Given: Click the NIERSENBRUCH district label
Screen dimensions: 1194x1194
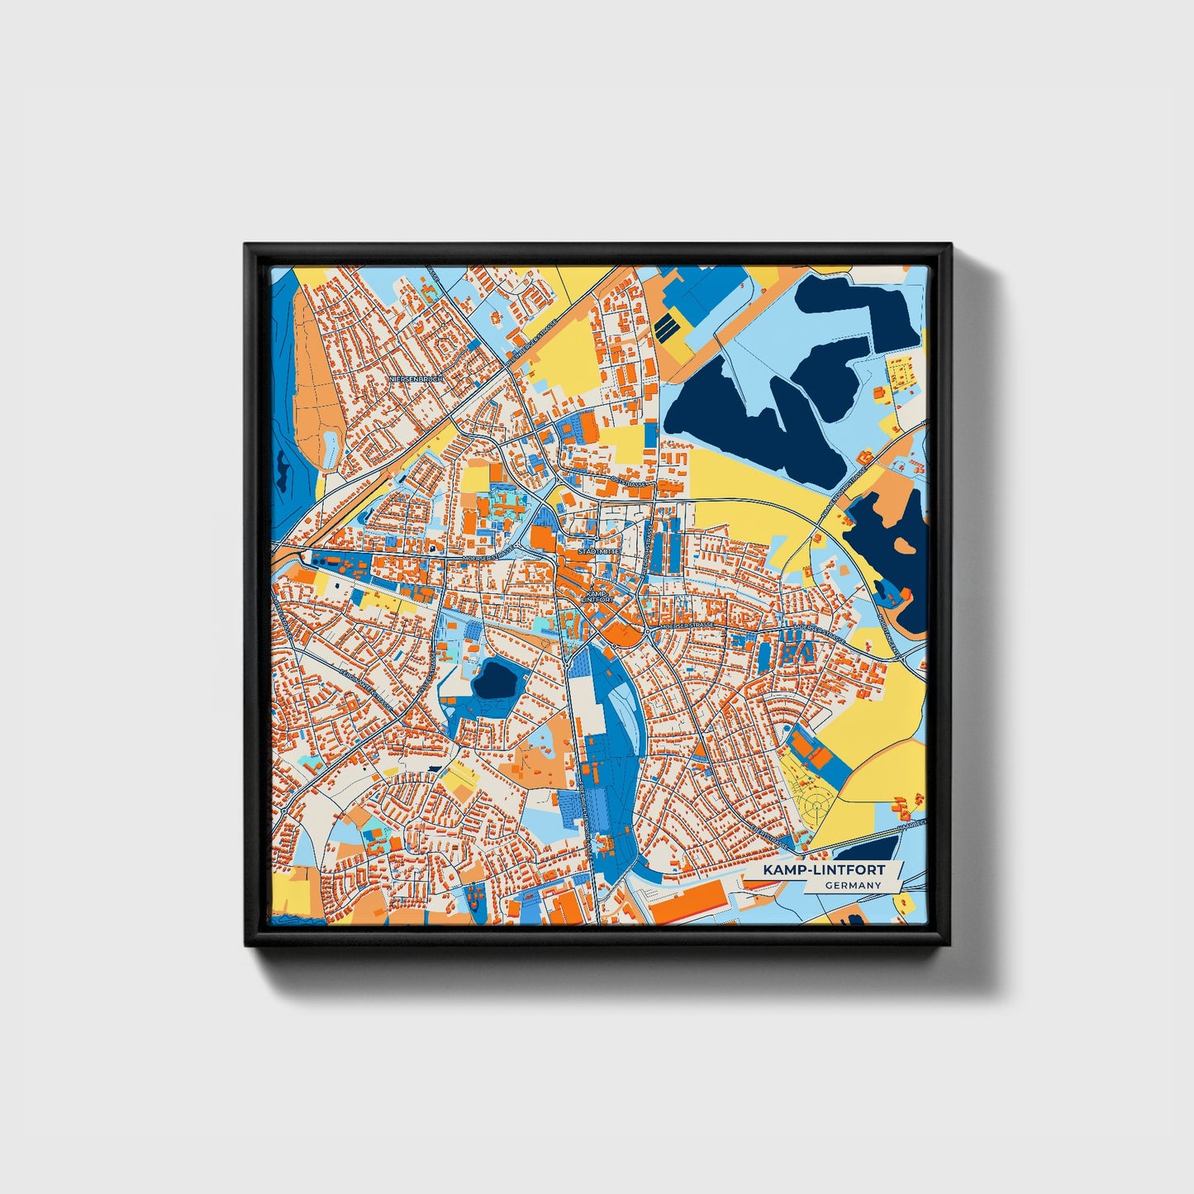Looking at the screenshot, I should [417, 378].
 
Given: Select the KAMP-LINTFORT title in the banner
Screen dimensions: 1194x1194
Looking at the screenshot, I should [823, 870].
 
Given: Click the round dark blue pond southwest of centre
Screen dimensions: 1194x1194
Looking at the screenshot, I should [495, 680].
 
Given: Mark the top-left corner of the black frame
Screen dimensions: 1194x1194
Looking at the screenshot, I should [245, 245].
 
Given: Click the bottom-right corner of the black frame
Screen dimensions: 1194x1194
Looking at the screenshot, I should [950, 945].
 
